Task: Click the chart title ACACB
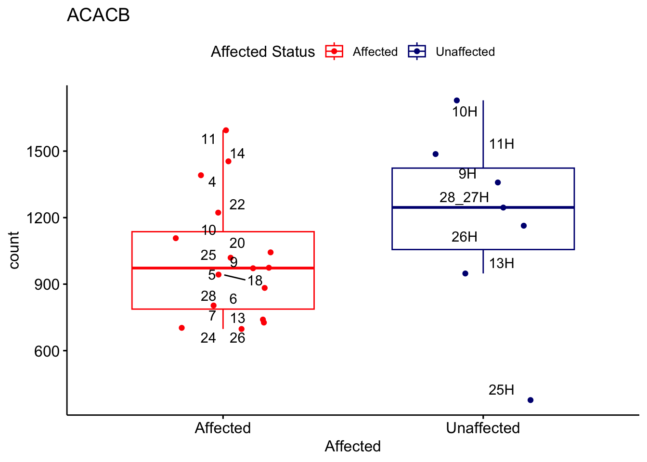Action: click(98, 15)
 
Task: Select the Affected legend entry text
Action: click(375, 52)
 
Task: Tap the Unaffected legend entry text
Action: click(465, 52)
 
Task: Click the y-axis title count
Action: click(14, 250)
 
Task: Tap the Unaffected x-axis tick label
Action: click(483, 428)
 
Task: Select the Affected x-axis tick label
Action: click(222, 428)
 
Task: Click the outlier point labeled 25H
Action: click(531, 400)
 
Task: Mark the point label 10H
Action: click(465, 112)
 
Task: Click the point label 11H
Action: click(502, 144)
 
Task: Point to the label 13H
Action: click(502, 263)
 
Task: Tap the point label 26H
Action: click(465, 237)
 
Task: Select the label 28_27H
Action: click(464, 197)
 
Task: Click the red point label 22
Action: click(237, 205)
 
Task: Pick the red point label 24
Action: click(208, 338)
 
